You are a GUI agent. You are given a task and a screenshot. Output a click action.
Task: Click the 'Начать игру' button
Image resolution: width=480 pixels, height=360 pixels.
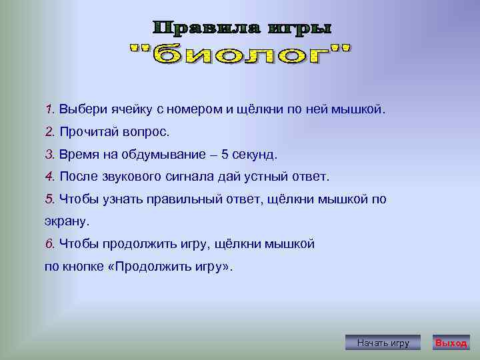(x=383, y=343)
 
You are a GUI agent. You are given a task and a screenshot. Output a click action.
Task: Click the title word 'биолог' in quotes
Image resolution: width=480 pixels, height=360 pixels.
(x=242, y=55)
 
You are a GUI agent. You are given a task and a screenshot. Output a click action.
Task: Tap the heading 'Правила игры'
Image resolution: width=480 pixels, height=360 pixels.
(x=242, y=28)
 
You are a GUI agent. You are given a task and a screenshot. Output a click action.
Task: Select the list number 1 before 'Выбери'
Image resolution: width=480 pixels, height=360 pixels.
(x=49, y=109)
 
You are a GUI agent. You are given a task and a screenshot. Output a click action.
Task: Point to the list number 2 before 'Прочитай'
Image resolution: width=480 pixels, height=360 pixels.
(x=49, y=131)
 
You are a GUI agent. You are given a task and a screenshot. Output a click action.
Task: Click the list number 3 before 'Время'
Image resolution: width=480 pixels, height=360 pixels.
(x=49, y=154)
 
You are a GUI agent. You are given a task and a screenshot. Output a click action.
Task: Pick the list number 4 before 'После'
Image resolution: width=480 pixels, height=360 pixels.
(x=49, y=177)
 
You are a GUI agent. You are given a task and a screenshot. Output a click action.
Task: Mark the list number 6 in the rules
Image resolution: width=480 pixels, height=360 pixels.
(x=49, y=244)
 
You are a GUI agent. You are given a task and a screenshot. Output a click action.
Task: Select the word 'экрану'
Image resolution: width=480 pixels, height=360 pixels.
(x=65, y=221)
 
